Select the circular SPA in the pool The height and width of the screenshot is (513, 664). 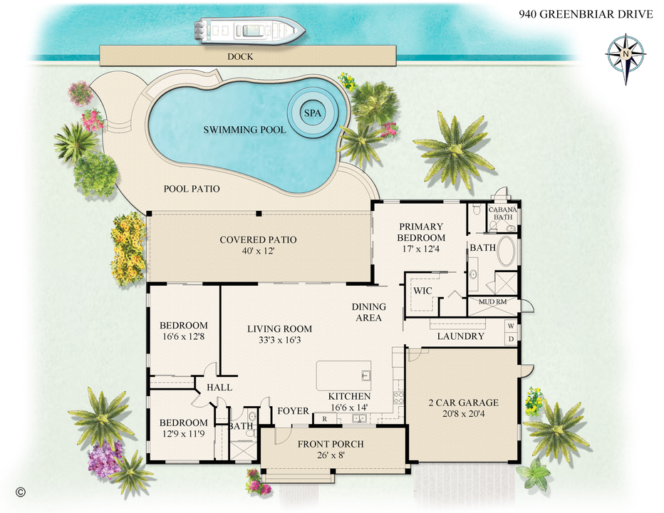(x=312, y=114)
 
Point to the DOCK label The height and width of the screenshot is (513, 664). (x=241, y=56)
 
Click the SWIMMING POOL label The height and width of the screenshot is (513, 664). (x=244, y=130)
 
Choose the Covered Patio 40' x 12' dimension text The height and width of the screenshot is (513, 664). (x=258, y=252)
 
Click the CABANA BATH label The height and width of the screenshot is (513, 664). (x=503, y=213)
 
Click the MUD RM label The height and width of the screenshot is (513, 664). (x=492, y=302)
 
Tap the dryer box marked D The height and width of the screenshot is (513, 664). (x=510, y=338)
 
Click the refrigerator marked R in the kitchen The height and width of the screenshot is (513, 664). (x=325, y=419)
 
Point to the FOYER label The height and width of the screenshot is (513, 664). (x=293, y=411)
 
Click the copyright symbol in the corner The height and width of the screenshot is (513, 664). (x=20, y=492)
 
